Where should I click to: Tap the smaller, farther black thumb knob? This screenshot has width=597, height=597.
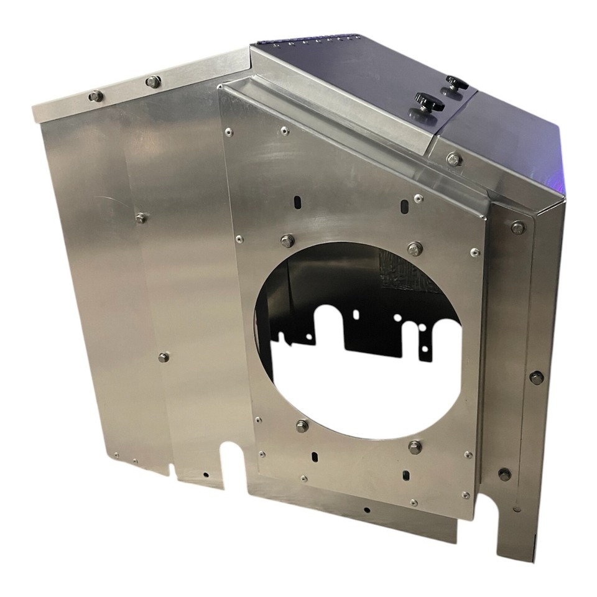(456, 83)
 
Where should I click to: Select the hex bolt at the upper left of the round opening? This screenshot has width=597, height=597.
(287, 241)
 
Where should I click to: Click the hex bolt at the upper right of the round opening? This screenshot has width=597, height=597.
(415, 249)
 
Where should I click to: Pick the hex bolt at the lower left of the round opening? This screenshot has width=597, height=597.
(302, 426)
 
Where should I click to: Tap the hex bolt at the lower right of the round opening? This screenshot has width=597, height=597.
(415, 447)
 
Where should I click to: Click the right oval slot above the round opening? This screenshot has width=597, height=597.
(405, 205)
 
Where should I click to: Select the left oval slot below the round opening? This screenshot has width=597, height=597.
(314, 457)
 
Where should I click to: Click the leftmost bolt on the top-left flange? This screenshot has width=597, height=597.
(95, 96)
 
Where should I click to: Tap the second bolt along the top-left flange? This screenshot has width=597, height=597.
(153, 81)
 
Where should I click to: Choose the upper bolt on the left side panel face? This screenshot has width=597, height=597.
(141, 218)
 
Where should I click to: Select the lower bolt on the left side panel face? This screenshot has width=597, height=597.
(164, 357)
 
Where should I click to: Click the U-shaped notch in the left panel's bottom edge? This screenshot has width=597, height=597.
(232, 457)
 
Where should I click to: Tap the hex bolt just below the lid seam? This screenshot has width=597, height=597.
(454, 159)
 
